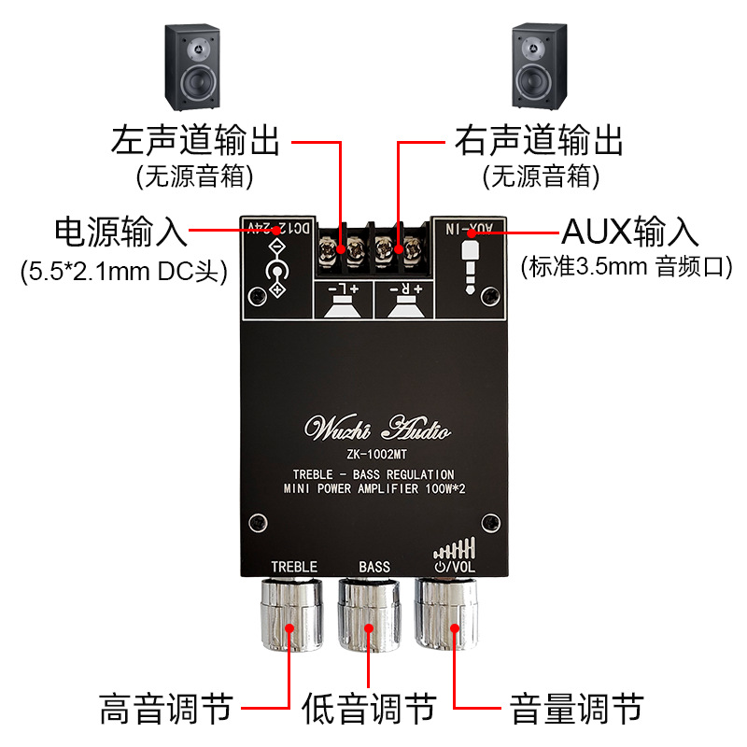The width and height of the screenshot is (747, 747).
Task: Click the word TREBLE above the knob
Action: (294, 567)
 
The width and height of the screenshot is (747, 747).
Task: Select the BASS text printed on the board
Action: (374, 567)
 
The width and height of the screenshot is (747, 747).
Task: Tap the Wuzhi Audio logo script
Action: (378, 430)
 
